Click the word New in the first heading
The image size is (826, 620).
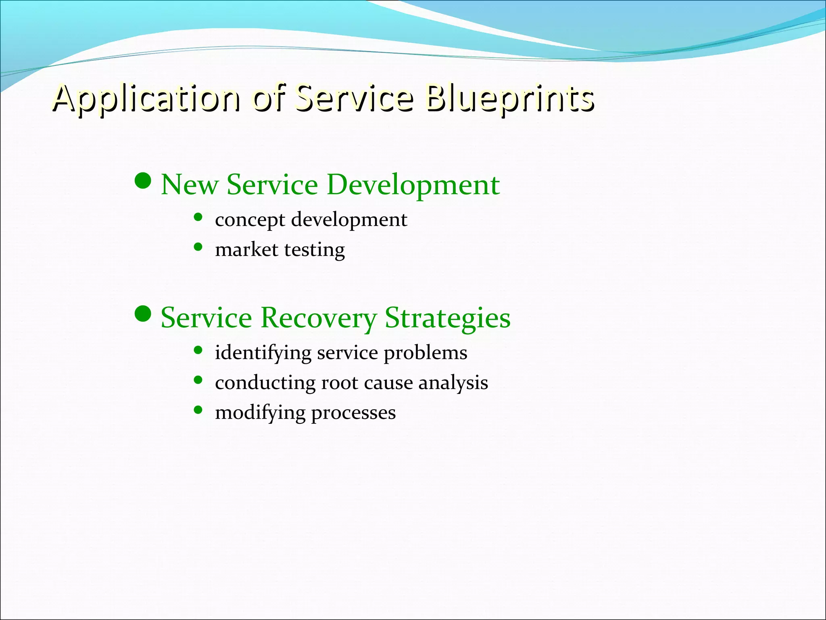(x=190, y=184)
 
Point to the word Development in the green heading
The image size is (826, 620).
(x=413, y=184)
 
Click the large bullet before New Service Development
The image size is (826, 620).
(x=142, y=181)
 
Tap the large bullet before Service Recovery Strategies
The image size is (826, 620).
(x=142, y=314)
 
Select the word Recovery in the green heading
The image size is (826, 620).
(x=318, y=318)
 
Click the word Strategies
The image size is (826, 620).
(x=447, y=318)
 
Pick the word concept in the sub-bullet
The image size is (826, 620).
(x=250, y=220)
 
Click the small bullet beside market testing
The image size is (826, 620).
(x=198, y=247)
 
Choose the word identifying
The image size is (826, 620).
(x=263, y=353)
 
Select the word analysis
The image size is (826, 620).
(x=453, y=383)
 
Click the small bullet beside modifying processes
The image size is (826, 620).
(x=198, y=410)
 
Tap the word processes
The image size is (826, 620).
(x=353, y=413)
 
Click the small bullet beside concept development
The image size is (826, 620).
(x=198, y=217)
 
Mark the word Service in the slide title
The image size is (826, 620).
(x=354, y=98)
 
